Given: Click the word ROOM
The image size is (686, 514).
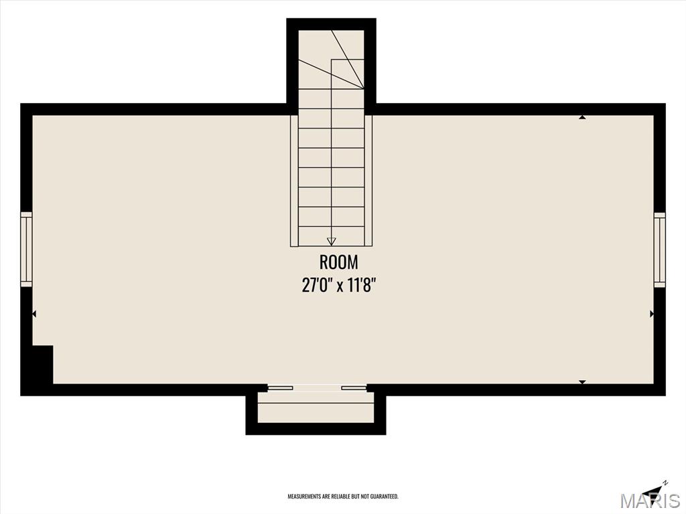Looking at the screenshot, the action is (338, 262).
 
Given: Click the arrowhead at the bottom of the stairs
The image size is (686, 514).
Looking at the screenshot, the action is (331, 241).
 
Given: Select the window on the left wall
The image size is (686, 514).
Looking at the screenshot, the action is (26, 250).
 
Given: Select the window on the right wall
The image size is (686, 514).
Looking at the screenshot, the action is (660, 250).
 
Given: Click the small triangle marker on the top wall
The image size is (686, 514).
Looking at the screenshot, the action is (582, 117).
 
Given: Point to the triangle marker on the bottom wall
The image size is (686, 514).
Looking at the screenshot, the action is (582, 382).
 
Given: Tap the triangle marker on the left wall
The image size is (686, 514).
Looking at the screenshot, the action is (34, 314).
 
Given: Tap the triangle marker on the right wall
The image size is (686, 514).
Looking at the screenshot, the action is (652, 314).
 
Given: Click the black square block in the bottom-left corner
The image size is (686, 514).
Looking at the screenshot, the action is (43, 365).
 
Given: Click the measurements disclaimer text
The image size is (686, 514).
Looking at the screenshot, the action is (342, 497).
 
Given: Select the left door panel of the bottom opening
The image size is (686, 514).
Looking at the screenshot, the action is (281, 388).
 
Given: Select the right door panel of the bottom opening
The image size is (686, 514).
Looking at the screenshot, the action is (354, 388).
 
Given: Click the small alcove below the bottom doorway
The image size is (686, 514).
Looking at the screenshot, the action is (316, 408).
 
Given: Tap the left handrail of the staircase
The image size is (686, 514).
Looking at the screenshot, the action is (295, 181).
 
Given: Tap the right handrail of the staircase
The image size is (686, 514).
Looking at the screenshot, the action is (368, 181).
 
